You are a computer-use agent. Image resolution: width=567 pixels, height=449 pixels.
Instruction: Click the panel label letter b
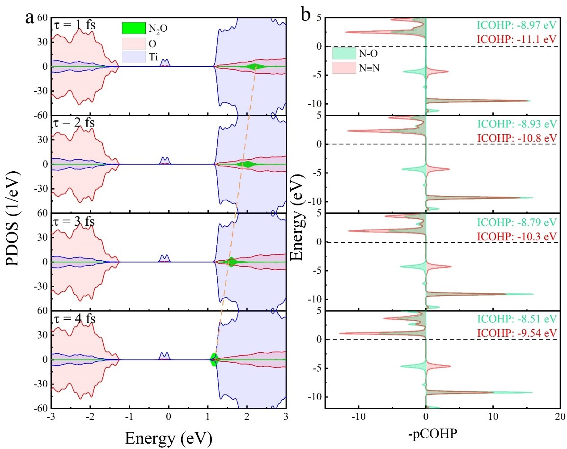click(306, 15)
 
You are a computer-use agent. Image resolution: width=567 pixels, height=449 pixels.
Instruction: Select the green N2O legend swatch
click(134, 28)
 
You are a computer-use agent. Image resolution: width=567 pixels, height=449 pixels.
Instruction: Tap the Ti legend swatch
click(134, 57)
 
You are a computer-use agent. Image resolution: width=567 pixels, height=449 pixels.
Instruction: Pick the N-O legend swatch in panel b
click(344, 54)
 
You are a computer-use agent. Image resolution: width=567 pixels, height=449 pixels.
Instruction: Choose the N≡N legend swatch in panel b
click(344, 68)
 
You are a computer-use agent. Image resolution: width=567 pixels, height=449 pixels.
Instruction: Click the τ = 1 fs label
click(75, 25)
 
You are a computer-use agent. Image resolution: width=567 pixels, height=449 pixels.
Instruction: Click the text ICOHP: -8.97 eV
click(516, 25)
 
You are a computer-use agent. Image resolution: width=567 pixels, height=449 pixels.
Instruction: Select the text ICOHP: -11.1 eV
click(516, 39)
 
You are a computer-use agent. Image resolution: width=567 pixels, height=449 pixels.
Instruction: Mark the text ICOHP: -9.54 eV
click(516, 333)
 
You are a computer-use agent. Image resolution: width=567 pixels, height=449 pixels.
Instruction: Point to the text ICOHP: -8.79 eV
click(516, 222)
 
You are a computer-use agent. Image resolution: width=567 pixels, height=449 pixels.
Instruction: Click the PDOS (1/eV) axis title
click(13, 218)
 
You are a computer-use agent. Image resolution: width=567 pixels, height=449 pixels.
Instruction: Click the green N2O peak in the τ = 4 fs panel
click(214, 360)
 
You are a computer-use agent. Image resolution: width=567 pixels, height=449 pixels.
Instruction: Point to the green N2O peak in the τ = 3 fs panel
click(231, 262)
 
